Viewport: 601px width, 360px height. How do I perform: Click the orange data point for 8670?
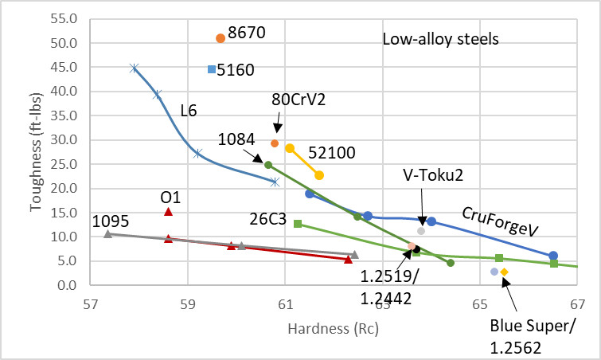(x=220, y=38)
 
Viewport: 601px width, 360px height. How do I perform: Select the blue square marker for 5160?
(x=212, y=69)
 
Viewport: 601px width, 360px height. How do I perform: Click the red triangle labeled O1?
(x=168, y=211)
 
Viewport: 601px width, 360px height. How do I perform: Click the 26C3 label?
(x=266, y=217)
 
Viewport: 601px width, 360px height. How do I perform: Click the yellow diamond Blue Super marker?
(x=504, y=272)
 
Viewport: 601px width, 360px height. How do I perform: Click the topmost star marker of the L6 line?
(x=135, y=68)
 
